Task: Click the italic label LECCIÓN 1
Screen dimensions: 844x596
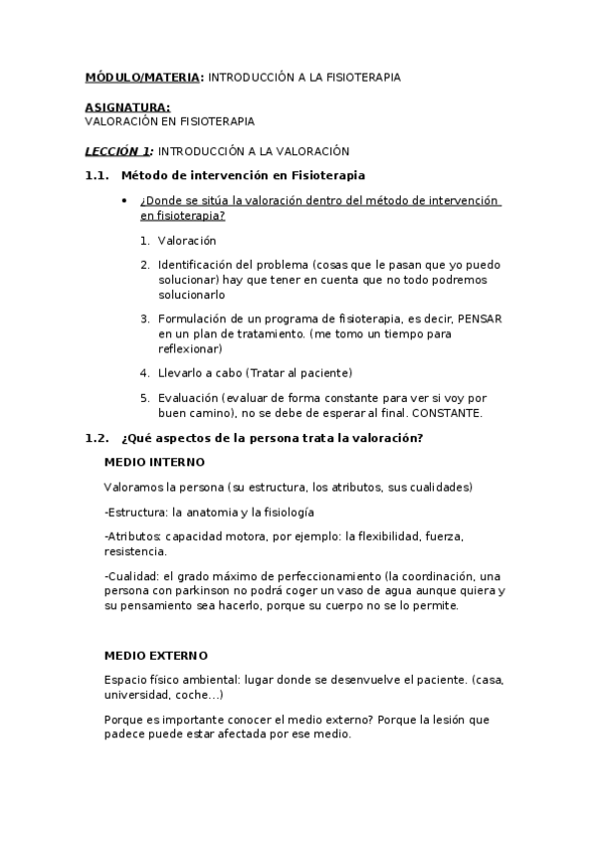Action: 117,151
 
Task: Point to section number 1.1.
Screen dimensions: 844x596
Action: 97,175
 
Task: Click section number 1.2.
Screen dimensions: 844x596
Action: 97,438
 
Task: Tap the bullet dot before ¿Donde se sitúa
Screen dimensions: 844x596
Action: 122,200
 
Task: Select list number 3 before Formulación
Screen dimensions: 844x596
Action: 145,318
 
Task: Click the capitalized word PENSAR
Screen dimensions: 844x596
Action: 480,318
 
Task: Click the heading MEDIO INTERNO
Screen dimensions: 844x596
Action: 154,463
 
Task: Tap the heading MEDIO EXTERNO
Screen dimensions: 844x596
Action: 156,655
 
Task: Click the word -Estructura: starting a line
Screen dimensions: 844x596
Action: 136,512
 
